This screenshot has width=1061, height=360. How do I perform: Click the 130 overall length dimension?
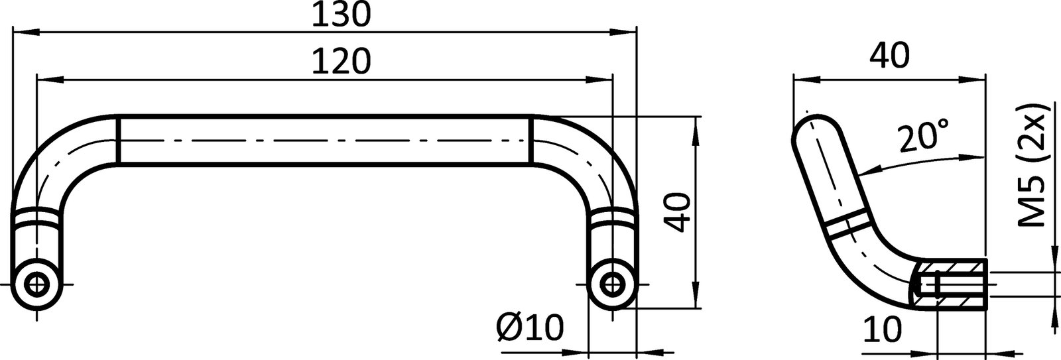(x=341, y=15)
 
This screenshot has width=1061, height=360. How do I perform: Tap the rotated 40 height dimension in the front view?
(x=677, y=213)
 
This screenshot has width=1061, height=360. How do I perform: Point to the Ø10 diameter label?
(x=529, y=327)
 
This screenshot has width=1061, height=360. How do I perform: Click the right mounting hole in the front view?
(x=611, y=284)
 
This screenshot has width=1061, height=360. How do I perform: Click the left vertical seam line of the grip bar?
(x=118, y=140)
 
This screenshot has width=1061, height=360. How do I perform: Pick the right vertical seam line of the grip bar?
(x=531, y=140)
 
